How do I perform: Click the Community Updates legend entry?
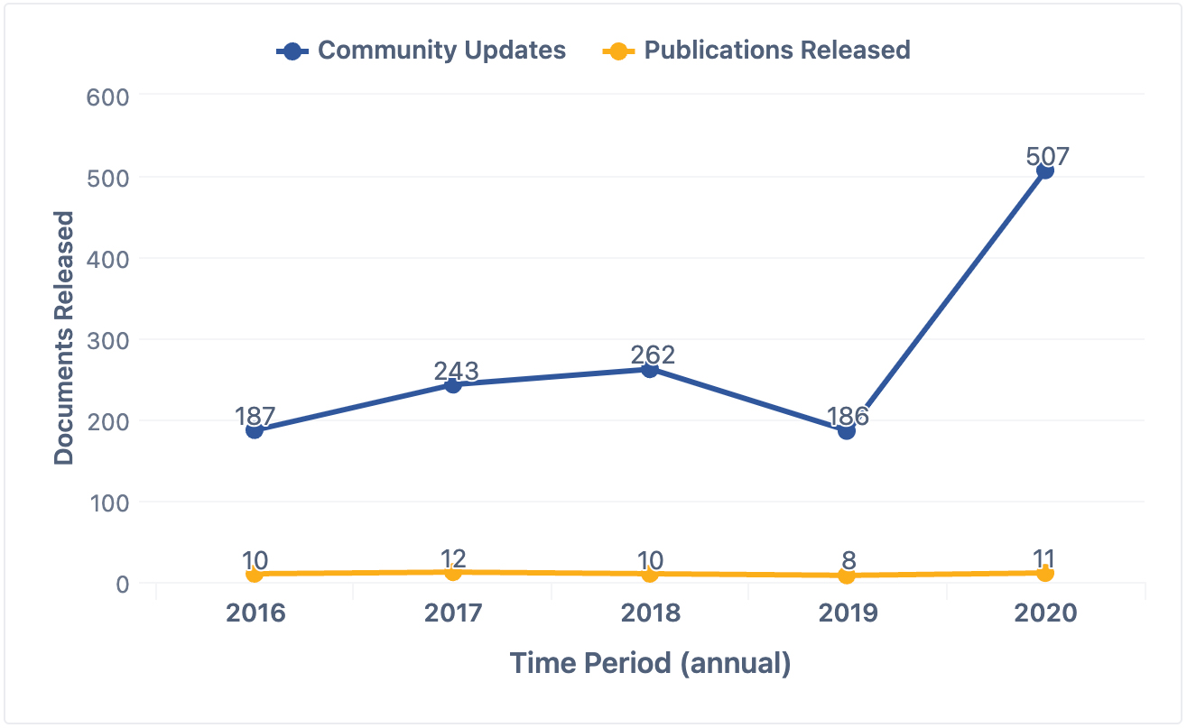coord(422,51)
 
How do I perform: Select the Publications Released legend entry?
coord(756,51)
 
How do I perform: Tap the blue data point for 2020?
coord(1044,170)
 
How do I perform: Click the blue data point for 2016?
coord(255,430)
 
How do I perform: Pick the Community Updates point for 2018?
coord(649,369)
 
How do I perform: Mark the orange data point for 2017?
coord(453,572)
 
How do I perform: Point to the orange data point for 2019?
coord(847,576)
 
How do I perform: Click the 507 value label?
coord(1047,156)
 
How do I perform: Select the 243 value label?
coord(456,371)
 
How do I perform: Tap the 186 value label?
coord(848,416)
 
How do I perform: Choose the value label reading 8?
coord(848,561)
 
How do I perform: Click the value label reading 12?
coord(456,558)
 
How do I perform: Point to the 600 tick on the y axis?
coord(108,97)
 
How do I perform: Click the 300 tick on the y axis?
coord(108,340)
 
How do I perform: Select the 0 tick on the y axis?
coord(122,584)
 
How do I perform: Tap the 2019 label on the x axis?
coord(848,613)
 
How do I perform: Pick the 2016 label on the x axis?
coord(255,613)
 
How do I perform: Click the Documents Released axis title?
coord(63,338)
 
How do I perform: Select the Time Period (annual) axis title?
coord(650,664)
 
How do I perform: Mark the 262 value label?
coord(653,355)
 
